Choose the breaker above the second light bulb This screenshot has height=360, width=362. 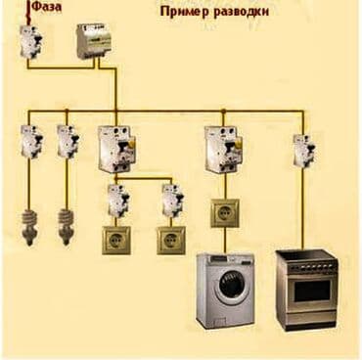[x=67, y=143]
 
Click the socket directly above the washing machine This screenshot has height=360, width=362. [x=224, y=213]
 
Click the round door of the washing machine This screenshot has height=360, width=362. [x=231, y=290]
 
